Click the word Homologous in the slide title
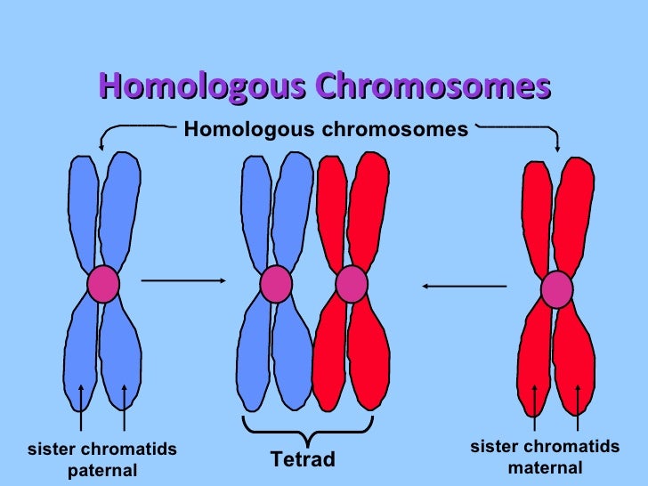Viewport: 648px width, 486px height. [204, 87]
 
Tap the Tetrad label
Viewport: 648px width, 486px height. [303, 459]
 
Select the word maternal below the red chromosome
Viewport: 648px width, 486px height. [545, 467]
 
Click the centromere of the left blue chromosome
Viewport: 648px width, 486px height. [103, 284]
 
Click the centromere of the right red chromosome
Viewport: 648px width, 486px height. [557, 289]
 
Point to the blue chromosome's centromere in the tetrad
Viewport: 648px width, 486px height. [276, 284]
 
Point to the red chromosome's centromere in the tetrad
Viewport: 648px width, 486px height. [352, 284]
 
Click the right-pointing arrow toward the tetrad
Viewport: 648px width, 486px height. [182, 280]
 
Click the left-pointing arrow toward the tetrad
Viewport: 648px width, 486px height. [464, 286]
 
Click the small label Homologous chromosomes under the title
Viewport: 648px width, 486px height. [326, 130]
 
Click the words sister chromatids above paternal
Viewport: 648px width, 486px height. [102, 450]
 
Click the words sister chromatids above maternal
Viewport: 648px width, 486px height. [545, 447]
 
